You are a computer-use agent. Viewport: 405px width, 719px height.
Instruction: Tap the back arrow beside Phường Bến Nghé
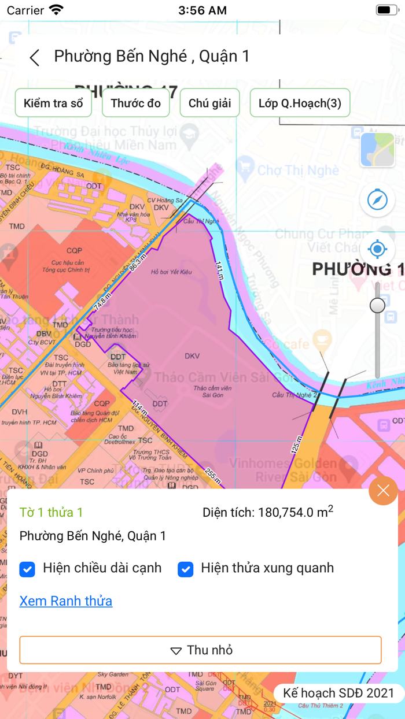pyautogui.click(x=35, y=57)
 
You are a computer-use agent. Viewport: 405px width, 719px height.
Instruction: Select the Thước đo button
pyautogui.click(x=135, y=103)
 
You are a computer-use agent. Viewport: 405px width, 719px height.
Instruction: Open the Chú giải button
pyautogui.click(x=209, y=103)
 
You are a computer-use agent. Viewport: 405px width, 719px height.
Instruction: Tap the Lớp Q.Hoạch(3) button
pyautogui.click(x=300, y=103)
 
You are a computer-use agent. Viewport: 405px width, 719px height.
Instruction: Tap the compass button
pyautogui.click(x=377, y=200)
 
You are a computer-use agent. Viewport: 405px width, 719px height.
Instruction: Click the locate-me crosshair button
pyautogui.click(x=377, y=250)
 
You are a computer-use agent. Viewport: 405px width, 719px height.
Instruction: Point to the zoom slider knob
pyautogui.click(x=377, y=305)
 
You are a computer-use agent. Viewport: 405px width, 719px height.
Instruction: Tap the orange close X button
pyautogui.click(x=383, y=491)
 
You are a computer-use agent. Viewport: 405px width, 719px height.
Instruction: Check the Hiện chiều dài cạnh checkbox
pyautogui.click(x=27, y=569)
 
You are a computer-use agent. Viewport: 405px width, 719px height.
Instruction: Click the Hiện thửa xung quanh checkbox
pyautogui.click(x=185, y=569)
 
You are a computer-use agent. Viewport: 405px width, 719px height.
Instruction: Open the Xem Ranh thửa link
pyautogui.click(x=66, y=601)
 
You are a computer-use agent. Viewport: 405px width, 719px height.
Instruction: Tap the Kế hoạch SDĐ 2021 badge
pyautogui.click(x=338, y=693)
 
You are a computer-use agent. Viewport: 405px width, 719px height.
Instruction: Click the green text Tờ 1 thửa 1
pyautogui.click(x=51, y=512)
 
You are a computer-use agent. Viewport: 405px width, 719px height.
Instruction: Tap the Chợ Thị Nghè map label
pyautogui.click(x=297, y=170)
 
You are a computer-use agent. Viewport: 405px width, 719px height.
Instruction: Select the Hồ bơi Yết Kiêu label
pyautogui.click(x=170, y=272)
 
